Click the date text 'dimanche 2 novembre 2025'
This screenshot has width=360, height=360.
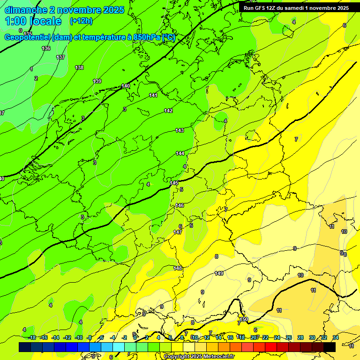tap(64, 10)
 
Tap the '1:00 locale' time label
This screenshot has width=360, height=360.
tap(33, 21)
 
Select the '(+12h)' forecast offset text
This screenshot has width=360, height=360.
tap(81, 21)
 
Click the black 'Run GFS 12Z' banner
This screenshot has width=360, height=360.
tap(296, 8)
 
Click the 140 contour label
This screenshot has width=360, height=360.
tap(126, 86)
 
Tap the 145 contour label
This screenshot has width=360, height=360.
tap(174, 183)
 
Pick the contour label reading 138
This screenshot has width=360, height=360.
tap(80, 67)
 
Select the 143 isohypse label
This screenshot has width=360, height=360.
tap(180, 130)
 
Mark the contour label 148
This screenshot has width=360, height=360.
tap(178, 268)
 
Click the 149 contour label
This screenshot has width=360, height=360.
tap(219, 273)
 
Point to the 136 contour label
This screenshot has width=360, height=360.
tap(46, 48)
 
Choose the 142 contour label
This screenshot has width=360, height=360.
tap(168, 111)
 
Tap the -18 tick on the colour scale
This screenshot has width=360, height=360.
tap(32, 337)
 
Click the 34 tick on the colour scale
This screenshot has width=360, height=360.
tap(336, 337)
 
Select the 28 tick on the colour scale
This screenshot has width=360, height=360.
tap(300, 337)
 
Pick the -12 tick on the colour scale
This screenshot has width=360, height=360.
tap(67, 337)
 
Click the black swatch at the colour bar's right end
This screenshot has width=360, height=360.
tap(329, 347)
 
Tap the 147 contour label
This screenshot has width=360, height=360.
tap(178, 232)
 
